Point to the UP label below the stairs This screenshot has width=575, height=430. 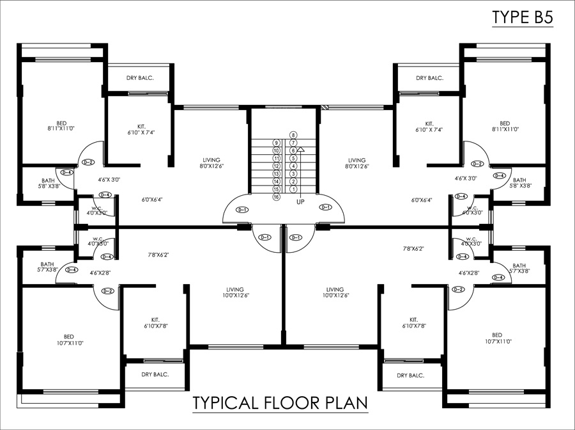click(x=300, y=202)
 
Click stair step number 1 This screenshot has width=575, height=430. click(x=293, y=189)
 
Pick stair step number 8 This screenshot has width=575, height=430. click(x=293, y=135)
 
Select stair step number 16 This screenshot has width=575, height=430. click(x=277, y=197)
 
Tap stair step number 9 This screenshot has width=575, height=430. click(x=277, y=143)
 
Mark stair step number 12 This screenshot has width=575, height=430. click(x=277, y=166)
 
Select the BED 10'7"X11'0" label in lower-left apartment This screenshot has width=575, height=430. click(x=68, y=340)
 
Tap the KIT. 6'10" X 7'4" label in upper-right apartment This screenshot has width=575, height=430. click(x=429, y=127)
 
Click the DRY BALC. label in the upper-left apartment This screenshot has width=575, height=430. click(x=139, y=78)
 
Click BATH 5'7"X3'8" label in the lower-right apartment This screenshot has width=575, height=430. click(x=518, y=268)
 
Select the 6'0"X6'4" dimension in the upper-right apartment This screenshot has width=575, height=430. click(x=422, y=200)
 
